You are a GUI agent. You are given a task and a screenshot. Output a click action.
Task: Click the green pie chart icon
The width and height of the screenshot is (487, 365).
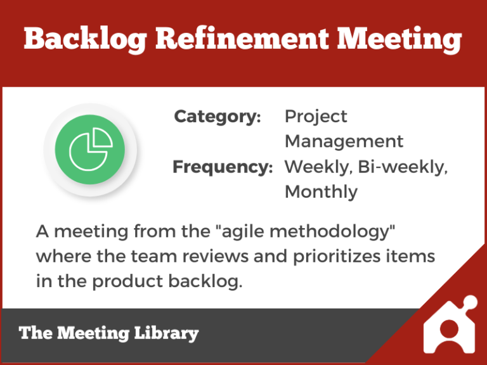click(90, 150)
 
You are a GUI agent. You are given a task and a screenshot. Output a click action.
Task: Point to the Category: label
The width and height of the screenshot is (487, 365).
click(218, 117)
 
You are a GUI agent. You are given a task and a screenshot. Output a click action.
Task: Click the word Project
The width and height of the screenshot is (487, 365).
click(316, 117)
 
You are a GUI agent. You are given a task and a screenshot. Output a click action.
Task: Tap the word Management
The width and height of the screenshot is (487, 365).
click(344, 141)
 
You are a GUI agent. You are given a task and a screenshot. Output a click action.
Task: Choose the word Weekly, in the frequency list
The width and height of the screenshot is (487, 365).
click(318, 167)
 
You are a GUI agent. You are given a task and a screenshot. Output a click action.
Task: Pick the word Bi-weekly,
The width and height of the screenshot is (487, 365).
click(403, 167)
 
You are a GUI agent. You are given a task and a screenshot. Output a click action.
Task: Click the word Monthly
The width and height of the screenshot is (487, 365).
click(321, 191)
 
